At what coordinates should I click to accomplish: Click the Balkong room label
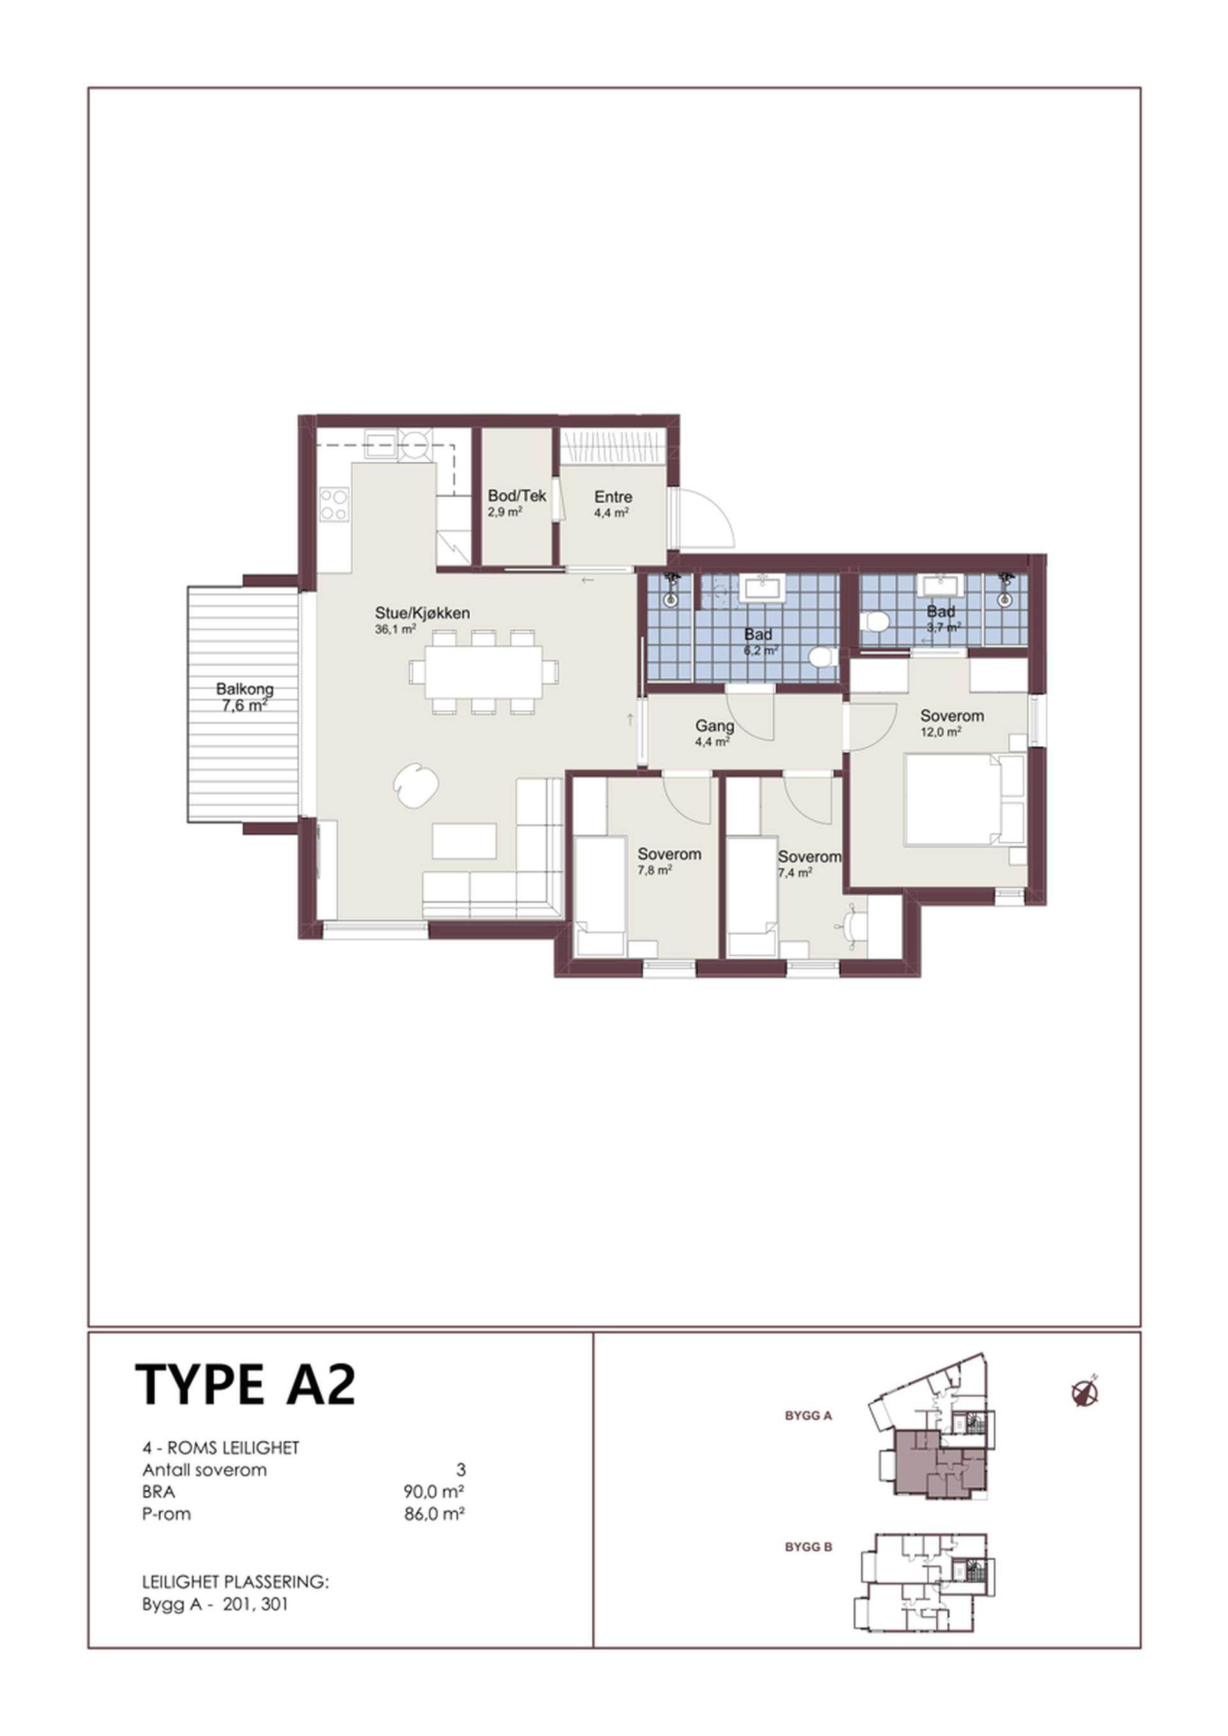tap(245, 689)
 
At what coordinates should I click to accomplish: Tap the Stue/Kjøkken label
tap(423, 613)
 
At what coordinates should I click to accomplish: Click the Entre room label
tap(613, 497)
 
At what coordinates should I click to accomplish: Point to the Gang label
tap(714, 726)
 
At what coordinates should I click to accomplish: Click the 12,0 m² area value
tap(941, 732)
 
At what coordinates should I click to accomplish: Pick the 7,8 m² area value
tap(655, 870)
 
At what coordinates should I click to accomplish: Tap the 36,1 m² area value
tap(395, 629)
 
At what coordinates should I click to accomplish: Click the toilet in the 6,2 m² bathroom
tap(821, 655)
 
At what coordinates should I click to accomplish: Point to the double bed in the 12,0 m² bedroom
tap(965, 799)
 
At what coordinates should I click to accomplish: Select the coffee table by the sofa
tap(464, 841)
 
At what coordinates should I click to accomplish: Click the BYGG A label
tap(808, 1416)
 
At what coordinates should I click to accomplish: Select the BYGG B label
tap(808, 1547)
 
